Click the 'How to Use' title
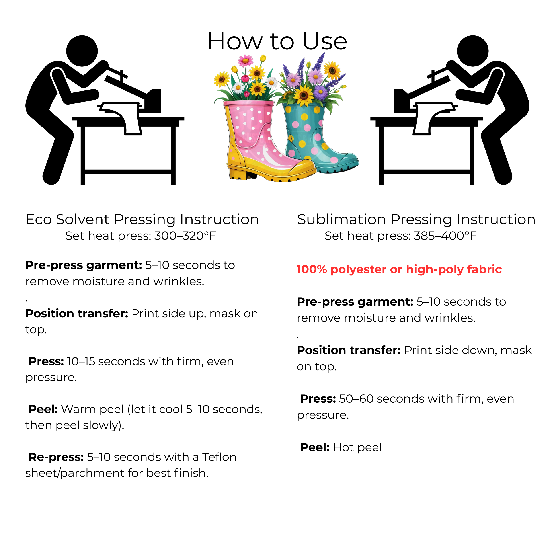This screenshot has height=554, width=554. [277, 41]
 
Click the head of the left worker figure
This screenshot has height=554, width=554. [82, 51]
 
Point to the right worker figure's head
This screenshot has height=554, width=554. [473, 51]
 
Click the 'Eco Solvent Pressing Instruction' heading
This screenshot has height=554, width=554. [142, 219]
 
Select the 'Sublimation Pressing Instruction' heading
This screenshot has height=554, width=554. [416, 219]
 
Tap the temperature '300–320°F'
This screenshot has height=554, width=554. [185, 236]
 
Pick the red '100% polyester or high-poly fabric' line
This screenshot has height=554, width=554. [399, 269]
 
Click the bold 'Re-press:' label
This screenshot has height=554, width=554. [56, 457]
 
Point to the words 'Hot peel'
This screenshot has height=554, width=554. [357, 447]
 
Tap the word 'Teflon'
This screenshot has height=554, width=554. [219, 457]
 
